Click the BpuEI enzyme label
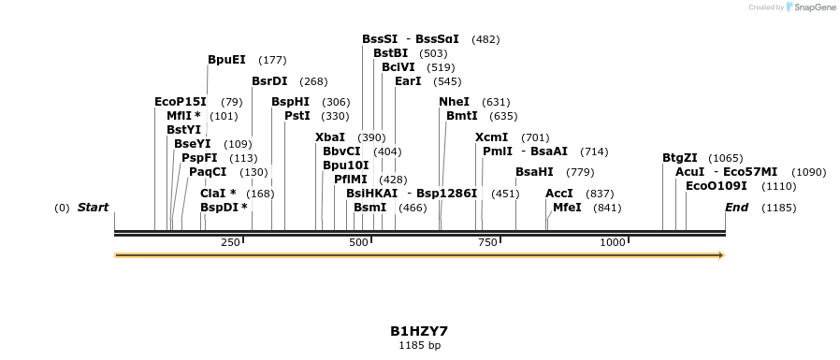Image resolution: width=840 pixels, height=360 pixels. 226,60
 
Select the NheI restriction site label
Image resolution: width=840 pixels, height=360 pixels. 454,102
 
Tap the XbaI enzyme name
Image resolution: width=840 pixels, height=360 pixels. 330,137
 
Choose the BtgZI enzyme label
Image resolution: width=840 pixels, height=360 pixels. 680,158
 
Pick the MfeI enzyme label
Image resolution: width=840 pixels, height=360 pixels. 567,208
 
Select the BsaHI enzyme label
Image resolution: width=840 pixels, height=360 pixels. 534,172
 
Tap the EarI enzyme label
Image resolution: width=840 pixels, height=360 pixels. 408,81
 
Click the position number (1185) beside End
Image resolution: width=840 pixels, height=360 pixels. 778,208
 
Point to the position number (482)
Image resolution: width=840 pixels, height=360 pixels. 485,39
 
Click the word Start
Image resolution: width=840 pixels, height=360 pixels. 93,208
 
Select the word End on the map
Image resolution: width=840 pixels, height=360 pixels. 736,208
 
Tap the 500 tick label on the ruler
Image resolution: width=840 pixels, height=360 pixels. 359,243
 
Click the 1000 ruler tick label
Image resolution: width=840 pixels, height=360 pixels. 613,243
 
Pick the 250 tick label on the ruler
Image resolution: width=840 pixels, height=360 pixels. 230,243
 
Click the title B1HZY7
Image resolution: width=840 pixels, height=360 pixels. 419,331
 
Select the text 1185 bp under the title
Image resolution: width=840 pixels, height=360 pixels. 419,346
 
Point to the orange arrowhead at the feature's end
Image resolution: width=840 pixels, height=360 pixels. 720,254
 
